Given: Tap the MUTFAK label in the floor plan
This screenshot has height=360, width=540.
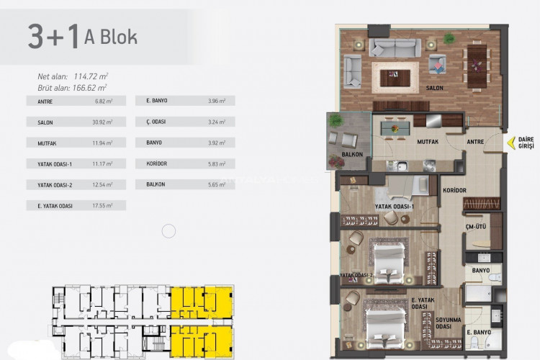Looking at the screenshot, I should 408,142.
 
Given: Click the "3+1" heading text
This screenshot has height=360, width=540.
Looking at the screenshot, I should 53,36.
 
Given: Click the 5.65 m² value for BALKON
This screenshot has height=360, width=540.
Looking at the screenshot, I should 216,184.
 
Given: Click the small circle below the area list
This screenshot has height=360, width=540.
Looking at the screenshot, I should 169,231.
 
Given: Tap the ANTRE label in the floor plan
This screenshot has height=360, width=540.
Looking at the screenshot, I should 474,142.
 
